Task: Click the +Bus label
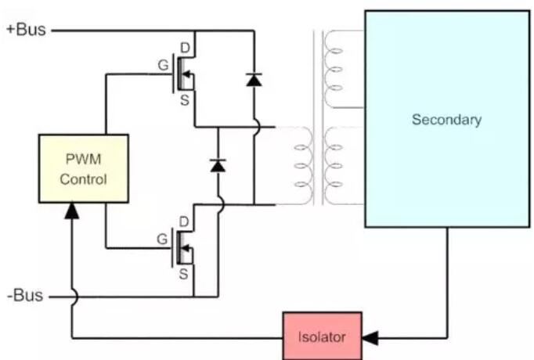pos(26,31)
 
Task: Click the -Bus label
pos(24,297)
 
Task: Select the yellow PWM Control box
pos(84,168)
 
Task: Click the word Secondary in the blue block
pos(446,120)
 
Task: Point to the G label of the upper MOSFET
pos(162,65)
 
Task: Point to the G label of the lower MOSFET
pos(162,239)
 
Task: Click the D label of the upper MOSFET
pos(186,49)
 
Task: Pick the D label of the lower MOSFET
pos(186,222)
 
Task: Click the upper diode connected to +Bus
pos(254,79)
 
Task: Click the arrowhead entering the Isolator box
pos(370,338)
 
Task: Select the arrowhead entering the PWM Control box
pos(71,210)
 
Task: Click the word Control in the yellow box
pos(84,178)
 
